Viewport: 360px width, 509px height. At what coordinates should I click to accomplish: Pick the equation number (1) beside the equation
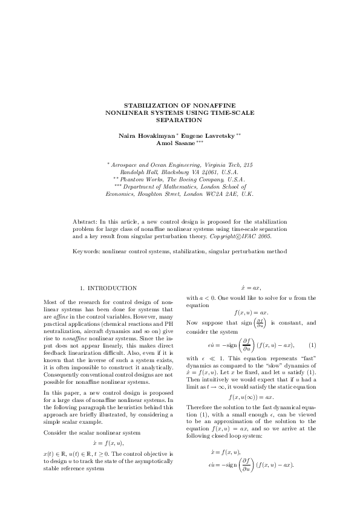pyautogui.click(x=312, y=345)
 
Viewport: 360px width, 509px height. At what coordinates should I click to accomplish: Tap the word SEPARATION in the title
pyautogui.click(x=180, y=120)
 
